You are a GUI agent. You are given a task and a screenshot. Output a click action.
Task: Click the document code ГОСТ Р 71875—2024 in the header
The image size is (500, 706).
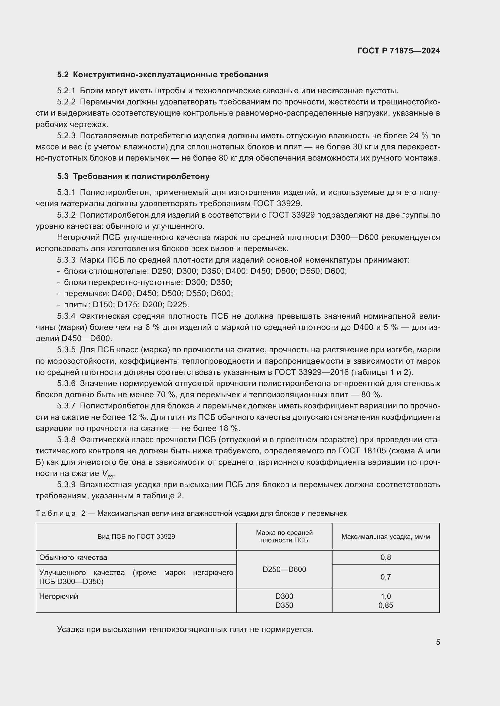(399, 51)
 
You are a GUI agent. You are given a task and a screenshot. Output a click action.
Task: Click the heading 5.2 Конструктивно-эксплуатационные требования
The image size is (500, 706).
(163, 75)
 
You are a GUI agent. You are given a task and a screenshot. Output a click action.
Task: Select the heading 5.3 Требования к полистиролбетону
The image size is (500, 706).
(133, 177)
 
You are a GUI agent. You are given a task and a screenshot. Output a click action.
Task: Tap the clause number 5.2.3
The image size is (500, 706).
(66, 136)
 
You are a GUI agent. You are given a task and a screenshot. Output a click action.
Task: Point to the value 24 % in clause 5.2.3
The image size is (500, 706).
(418, 136)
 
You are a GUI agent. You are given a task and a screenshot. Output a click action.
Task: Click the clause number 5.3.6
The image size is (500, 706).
(66, 383)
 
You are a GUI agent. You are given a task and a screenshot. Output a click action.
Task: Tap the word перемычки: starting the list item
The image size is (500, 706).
(86, 293)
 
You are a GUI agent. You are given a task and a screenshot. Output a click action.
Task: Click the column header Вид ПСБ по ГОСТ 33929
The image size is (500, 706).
(136, 537)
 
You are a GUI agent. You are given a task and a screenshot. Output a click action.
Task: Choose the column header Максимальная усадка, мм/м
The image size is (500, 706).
(385, 537)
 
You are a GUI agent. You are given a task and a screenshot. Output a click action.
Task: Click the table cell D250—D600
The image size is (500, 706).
(284, 570)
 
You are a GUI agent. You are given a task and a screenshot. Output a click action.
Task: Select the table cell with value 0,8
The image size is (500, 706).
(385, 557)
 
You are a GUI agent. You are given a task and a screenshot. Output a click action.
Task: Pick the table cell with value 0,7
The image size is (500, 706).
(385, 577)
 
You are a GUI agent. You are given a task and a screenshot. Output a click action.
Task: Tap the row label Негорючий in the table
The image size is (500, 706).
(59, 596)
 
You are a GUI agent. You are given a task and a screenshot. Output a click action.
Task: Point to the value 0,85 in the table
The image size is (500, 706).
(385, 605)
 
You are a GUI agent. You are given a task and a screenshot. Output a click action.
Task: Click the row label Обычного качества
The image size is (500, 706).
(73, 557)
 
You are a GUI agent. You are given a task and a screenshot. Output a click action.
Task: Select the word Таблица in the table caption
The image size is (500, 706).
(56, 513)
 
